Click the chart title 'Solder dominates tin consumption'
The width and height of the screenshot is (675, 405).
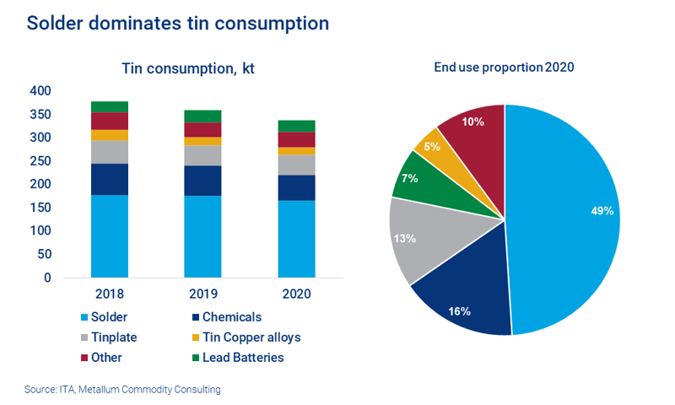tap(177, 23)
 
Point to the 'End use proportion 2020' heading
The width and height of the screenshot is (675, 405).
tap(504, 67)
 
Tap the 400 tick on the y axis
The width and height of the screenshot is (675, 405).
tap(40, 90)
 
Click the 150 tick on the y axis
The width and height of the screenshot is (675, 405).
tap(40, 208)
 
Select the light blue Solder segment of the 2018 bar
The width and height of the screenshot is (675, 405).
tap(110, 236)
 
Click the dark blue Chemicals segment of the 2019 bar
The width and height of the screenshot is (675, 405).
tap(202, 181)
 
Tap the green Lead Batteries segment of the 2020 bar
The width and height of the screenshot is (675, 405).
tap(296, 126)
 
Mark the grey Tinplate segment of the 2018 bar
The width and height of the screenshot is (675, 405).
tap(110, 152)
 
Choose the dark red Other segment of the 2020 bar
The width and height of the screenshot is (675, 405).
tap(296, 139)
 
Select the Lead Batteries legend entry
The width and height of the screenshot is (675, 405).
tap(240, 358)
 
